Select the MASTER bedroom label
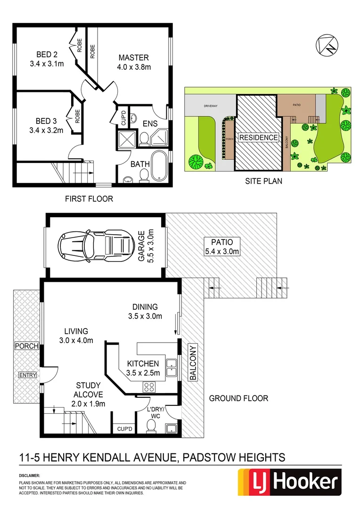(133, 57)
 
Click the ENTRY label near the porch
(26, 375)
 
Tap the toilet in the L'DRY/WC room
(151, 426)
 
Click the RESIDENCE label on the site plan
(258, 138)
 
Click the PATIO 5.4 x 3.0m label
(221, 246)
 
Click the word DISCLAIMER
(29, 476)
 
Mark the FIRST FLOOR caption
(89, 199)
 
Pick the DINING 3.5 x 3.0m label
(145, 311)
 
